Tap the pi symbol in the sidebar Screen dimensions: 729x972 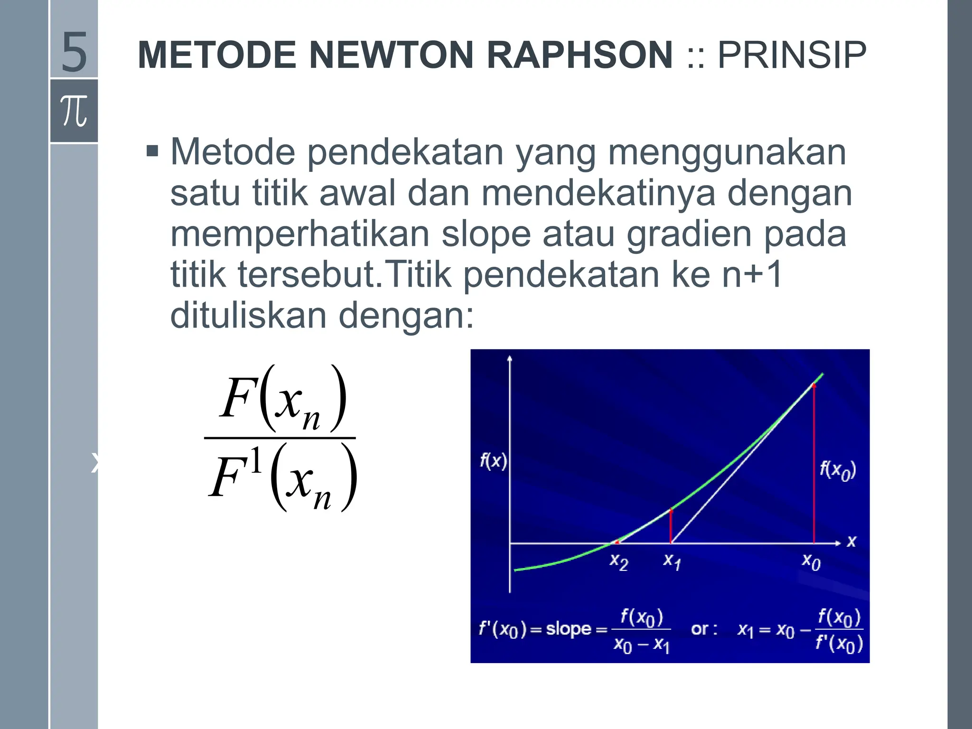(x=74, y=111)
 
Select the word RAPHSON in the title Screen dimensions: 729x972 (x=579, y=55)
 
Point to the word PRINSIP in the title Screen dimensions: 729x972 (x=792, y=55)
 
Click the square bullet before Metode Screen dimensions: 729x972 (x=152, y=152)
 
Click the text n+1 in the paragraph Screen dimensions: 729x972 (x=752, y=275)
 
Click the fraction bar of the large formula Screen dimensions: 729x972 (x=280, y=438)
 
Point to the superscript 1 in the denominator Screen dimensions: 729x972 (x=256, y=461)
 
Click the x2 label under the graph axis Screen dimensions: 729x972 (x=619, y=562)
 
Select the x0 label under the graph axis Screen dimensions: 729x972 (x=811, y=562)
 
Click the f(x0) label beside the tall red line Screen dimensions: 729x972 (x=838, y=470)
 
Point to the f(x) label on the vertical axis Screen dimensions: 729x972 (x=493, y=461)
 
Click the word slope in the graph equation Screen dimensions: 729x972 (x=568, y=629)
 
